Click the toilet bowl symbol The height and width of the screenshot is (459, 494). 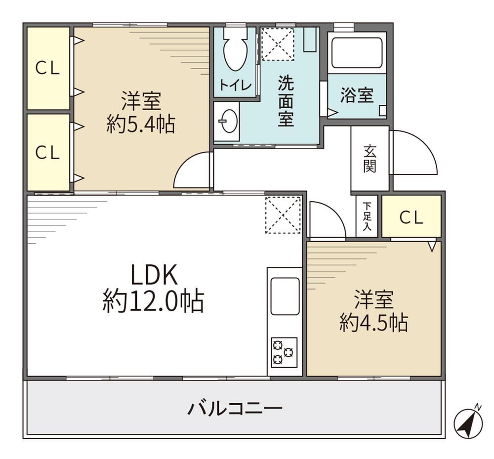[x=235, y=49]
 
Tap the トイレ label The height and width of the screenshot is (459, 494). [x=235, y=85]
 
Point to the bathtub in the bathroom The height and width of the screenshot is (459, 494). [x=357, y=52]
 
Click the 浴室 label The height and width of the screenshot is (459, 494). [x=357, y=95]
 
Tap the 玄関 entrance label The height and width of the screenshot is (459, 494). [x=370, y=159]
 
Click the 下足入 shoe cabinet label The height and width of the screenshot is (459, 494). [x=367, y=216]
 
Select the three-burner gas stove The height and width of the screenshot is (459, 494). [x=284, y=352]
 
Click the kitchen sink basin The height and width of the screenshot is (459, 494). [x=285, y=296]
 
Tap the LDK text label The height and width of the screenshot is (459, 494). [x=154, y=275]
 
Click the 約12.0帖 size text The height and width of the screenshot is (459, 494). [x=154, y=301]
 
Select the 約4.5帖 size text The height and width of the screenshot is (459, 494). [x=374, y=323]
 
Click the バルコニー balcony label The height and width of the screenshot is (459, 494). [x=235, y=409]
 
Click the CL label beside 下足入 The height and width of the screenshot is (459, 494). [x=411, y=217]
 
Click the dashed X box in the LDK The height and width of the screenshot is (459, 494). [x=283, y=215]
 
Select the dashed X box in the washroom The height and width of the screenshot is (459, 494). [x=278, y=44]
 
